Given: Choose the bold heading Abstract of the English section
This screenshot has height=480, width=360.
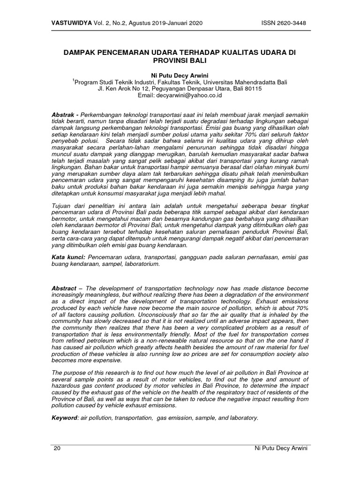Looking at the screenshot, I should coord(65,287).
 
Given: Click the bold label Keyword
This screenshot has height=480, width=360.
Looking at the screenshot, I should coord(66,417).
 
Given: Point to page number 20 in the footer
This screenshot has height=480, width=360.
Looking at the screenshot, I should coord(57,448).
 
